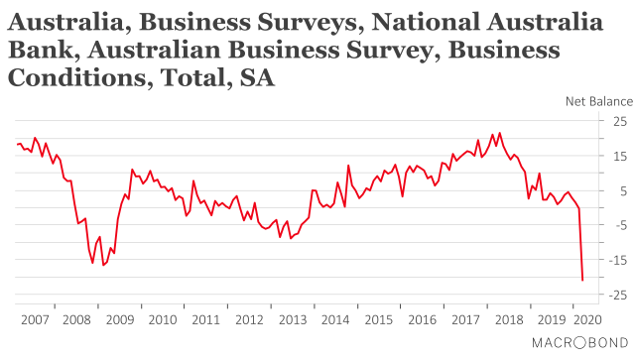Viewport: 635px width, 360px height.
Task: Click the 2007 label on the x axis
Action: (35, 320)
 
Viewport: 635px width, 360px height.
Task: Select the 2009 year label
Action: (120, 320)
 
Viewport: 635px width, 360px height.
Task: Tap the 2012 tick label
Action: (248, 320)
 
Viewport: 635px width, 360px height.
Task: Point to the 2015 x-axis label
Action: (377, 320)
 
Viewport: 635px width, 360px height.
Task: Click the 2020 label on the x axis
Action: (586, 320)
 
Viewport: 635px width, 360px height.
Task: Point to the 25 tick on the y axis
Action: (619, 121)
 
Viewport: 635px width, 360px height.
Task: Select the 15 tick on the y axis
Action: (619, 156)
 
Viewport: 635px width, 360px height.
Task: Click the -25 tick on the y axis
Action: (617, 296)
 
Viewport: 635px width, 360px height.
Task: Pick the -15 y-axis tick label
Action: (617, 261)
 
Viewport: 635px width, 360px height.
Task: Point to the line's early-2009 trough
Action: (103, 265)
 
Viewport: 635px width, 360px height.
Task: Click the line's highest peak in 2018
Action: (499, 133)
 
